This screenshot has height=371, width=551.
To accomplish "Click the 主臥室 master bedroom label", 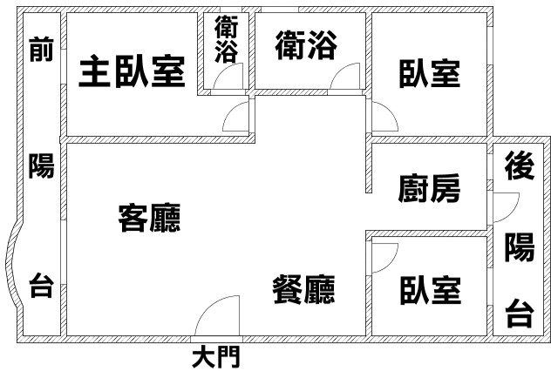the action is pyautogui.click(x=133, y=71).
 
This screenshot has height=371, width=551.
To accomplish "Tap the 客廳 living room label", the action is pyautogui.click(x=149, y=218).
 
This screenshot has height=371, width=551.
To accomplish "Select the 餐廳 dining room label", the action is pyautogui.click(x=304, y=289).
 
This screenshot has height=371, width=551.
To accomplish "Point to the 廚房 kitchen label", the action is pyautogui.click(x=429, y=188).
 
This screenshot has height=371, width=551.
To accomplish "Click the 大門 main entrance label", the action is pyautogui.click(x=216, y=356).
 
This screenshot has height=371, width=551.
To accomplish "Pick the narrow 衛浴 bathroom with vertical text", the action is pyautogui.click(x=227, y=39).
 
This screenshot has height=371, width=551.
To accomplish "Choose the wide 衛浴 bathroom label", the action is pyautogui.click(x=306, y=45).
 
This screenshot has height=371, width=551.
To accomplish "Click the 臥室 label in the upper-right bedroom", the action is pyautogui.click(x=430, y=74).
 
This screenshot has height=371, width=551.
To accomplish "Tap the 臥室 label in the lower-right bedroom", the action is pyautogui.click(x=431, y=290).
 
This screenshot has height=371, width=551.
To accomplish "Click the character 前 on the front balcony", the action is pyautogui.click(x=42, y=49).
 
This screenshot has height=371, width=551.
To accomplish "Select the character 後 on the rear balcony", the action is pyautogui.click(x=520, y=165).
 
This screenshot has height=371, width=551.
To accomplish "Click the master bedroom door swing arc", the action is pyautogui.click(x=231, y=110).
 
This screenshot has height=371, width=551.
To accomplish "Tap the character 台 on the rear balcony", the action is pyautogui.click(x=520, y=314).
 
